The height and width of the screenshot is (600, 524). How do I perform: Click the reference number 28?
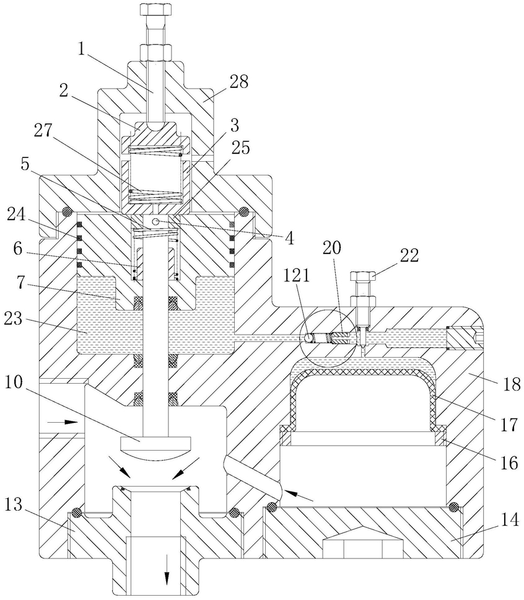[x=238, y=82]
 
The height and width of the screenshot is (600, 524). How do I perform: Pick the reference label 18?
[x=510, y=384]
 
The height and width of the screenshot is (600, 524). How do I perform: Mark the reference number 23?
[x=14, y=319]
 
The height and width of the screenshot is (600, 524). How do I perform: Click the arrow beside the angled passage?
[x=299, y=495]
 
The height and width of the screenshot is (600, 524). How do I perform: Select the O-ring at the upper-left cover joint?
[x=68, y=211]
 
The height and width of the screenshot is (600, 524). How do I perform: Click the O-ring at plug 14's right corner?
[x=453, y=507]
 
